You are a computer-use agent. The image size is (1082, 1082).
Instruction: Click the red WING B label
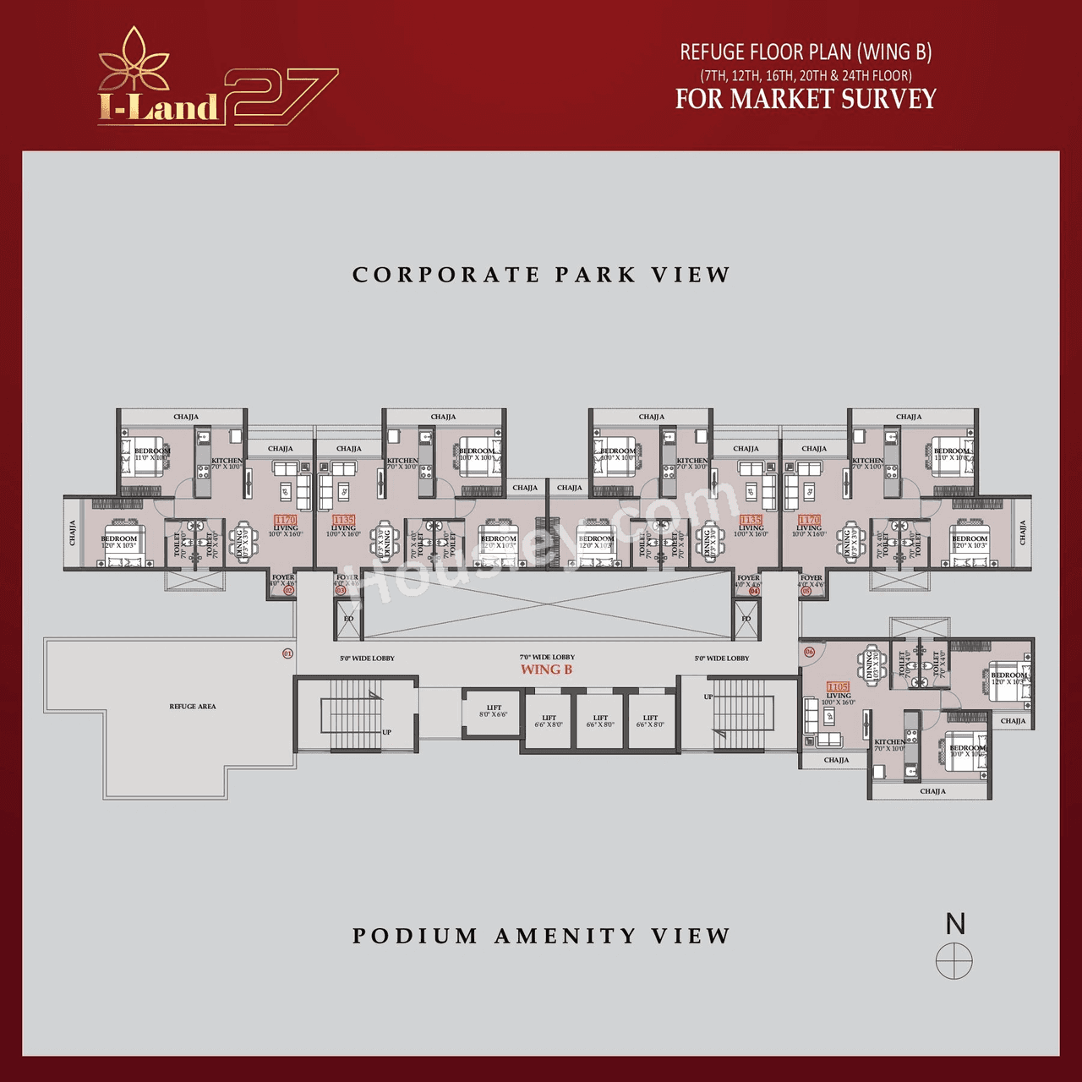click(546, 669)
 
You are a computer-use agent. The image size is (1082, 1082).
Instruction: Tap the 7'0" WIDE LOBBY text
click(547, 657)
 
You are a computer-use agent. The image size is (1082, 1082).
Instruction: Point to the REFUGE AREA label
click(192, 706)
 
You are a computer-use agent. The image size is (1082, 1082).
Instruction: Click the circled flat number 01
click(287, 653)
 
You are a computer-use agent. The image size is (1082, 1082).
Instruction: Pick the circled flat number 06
click(809, 652)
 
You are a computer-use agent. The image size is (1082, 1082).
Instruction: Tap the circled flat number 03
click(341, 590)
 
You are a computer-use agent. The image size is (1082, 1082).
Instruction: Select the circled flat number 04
click(754, 591)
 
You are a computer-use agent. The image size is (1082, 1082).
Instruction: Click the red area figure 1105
click(838, 687)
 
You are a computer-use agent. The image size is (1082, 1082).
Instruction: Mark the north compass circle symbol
click(954, 961)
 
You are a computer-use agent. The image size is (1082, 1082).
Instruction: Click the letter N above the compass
click(955, 924)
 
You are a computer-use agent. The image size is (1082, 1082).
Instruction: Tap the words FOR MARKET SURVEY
click(806, 99)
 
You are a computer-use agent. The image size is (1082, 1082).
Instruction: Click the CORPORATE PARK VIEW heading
click(541, 275)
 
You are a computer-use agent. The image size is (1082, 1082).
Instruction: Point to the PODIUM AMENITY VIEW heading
click(541, 936)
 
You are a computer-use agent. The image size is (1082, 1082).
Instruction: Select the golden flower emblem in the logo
click(134, 61)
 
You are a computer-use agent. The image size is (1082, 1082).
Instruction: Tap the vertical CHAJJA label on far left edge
click(73, 533)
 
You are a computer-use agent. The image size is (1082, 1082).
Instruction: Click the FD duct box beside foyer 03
click(348, 619)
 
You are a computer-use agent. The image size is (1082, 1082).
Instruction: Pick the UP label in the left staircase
click(386, 732)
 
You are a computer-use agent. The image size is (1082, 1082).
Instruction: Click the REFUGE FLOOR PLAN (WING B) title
click(806, 52)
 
